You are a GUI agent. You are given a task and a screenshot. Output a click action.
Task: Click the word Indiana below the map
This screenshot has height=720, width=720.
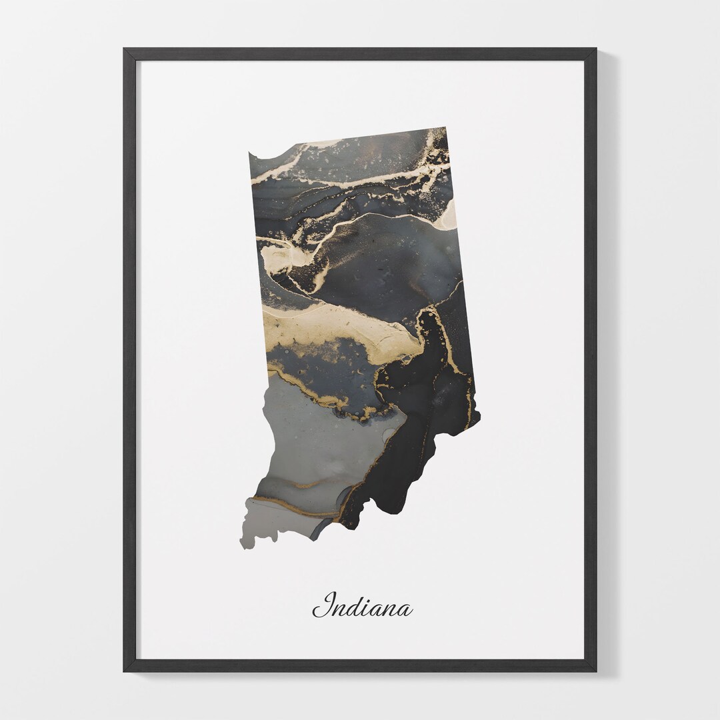(x=363, y=606)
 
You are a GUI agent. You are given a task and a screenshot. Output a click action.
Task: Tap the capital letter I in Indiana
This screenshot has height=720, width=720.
(x=325, y=605)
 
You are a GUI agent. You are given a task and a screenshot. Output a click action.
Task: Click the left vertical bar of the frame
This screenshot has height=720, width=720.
(x=129, y=360)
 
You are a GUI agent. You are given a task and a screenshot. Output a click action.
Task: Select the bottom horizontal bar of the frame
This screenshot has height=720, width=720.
(x=360, y=665)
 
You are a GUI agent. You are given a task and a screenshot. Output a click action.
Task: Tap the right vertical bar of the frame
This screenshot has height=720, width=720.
(x=590, y=360)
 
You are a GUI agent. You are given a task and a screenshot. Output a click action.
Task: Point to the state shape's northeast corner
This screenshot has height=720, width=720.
(x=444, y=129)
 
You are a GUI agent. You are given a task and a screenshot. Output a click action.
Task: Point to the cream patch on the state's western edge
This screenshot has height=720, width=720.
(x=277, y=257)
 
